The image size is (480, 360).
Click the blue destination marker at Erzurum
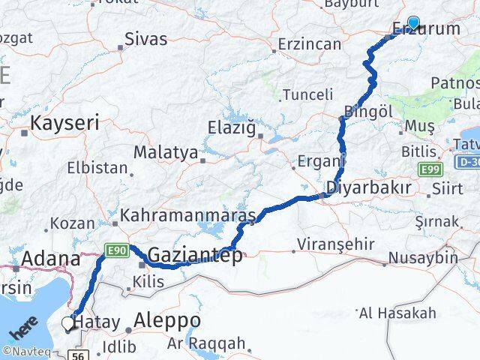pos(413,23)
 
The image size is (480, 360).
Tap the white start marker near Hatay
pos(68,323)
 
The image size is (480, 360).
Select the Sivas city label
pos(145,39)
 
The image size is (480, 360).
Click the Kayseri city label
pos(64,123)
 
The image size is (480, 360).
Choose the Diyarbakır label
pos(367,187)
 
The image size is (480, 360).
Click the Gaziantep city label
pos(195,256)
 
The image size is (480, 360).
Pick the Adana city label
pos(51,259)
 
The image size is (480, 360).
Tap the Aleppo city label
pos(166,321)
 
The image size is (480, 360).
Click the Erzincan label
pos(309,44)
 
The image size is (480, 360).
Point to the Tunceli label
pos(307,94)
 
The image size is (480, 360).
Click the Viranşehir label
pos(335,244)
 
